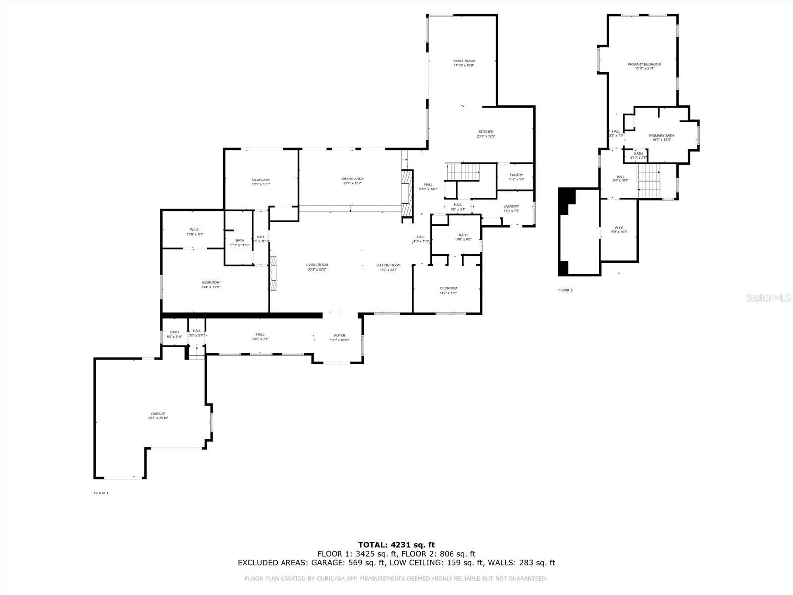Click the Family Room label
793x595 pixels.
pos(463,61)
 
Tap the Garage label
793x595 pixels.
pos(158,414)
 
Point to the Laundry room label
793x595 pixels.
pos(511,206)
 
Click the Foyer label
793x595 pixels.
pos(340,336)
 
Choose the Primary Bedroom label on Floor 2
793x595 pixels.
pos(644,64)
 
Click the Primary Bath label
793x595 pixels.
pos(661,135)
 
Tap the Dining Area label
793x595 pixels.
pos(352,178)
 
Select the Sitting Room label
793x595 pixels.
pos(388,265)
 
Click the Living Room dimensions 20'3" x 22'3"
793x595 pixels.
pos(316,270)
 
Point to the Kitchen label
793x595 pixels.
pos(486,132)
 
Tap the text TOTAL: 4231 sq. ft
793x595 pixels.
pos(396,545)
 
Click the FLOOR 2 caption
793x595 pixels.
pos(565,290)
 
